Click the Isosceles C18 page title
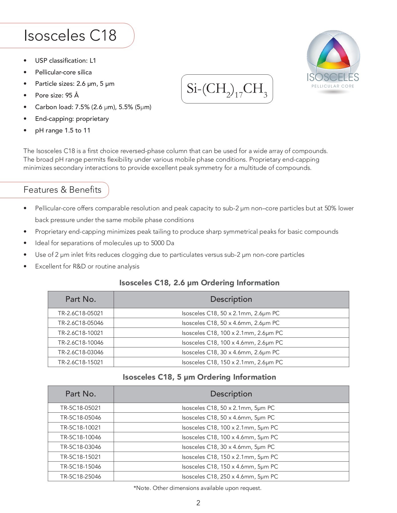[70, 36]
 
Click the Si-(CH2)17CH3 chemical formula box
[227, 89]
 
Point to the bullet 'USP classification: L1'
[65, 60]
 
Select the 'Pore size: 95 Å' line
[57, 95]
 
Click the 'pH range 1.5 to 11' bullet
[63, 130]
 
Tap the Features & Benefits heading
[62, 190]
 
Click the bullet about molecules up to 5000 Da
[104, 243]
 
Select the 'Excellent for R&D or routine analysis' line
[87, 266]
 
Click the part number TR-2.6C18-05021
[80, 313]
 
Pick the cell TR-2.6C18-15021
[80, 362]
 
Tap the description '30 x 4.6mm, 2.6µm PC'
[231, 352]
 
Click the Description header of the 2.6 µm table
[231, 299]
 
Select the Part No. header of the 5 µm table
[80, 394]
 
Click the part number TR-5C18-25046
[80, 477]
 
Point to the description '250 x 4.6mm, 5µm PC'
[230, 477]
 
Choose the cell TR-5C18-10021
[80, 427]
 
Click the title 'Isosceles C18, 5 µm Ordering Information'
[199, 377]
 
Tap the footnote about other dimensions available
[198, 488]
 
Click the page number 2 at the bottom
[198, 503]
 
